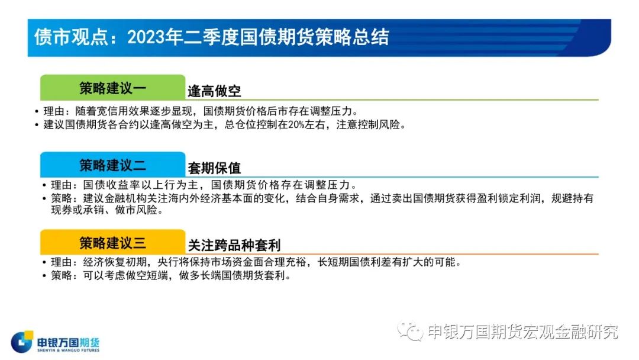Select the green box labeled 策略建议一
(113, 87)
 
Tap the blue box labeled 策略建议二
(113, 165)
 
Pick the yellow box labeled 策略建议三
(113, 242)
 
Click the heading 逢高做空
(214, 91)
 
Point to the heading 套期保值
(214, 168)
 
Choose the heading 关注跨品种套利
(234, 246)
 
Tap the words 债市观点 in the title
(71, 37)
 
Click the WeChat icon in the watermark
(411, 330)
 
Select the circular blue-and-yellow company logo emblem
(22, 342)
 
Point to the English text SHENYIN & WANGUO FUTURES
(69, 350)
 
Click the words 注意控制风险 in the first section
(368, 125)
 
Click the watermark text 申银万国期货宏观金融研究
(523, 332)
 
